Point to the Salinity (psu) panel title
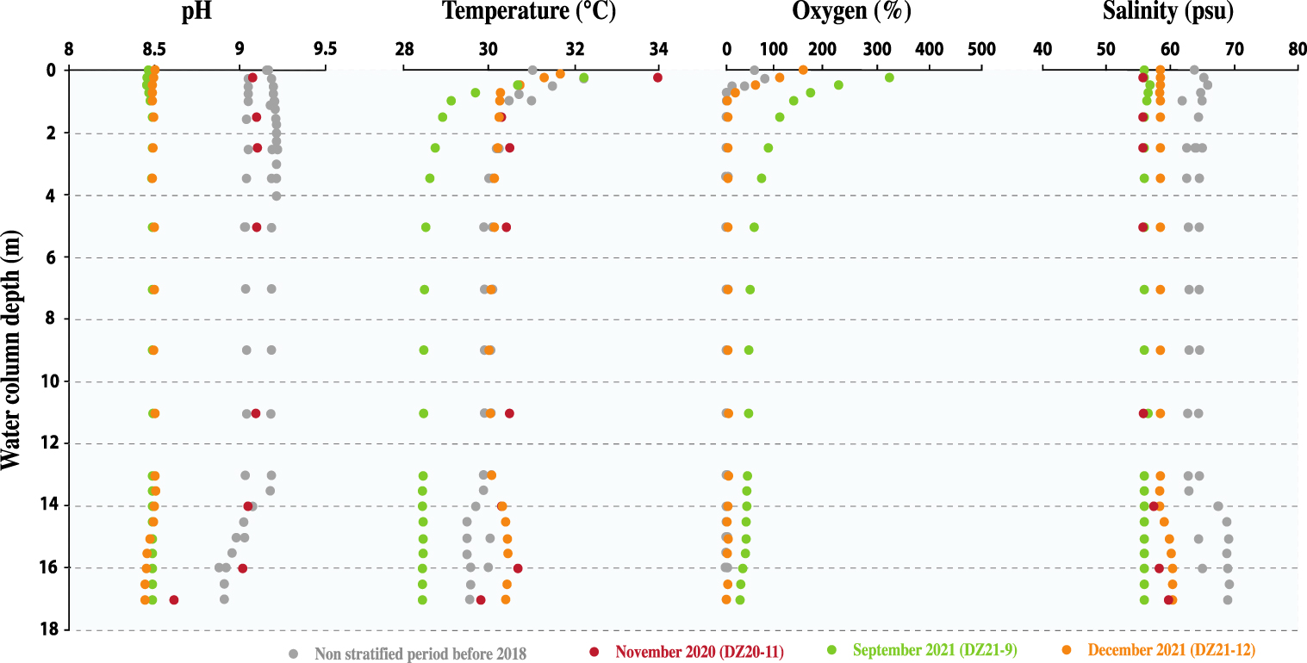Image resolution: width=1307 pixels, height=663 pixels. tap(1168, 12)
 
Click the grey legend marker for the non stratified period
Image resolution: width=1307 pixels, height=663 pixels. tap(294, 653)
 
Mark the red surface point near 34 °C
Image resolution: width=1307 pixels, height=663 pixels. tap(657, 77)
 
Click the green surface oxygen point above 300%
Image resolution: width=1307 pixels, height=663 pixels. tap(889, 77)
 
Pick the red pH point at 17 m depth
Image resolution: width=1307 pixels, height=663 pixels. tap(174, 599)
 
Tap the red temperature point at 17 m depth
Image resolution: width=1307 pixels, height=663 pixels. tap(481, 599)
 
